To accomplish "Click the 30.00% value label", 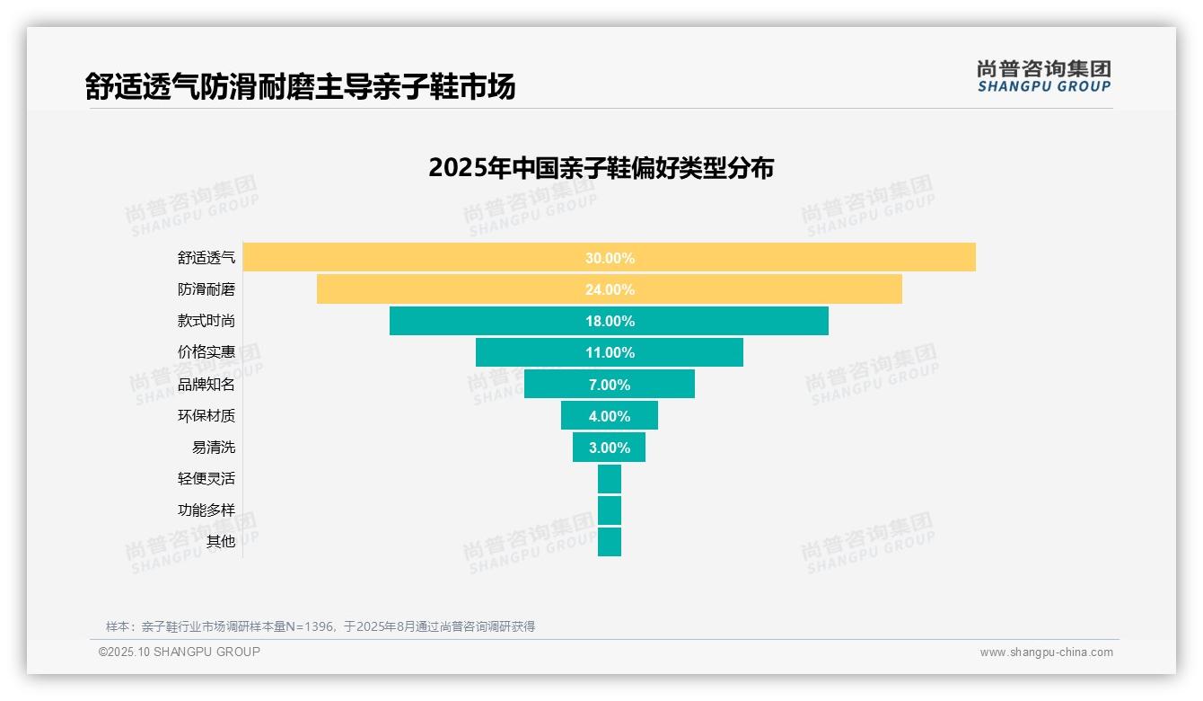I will point(610,258).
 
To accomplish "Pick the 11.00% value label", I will point(610,352).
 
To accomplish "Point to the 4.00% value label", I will point(610,416).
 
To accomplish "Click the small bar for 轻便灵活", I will point(610,479).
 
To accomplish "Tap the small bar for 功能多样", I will point(610,510).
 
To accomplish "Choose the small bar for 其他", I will point(610,542).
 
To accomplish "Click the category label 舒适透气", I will point(206,258).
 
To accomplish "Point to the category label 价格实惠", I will point(206,352).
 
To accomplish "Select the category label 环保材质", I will point(206,416).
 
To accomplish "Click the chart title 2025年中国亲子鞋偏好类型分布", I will point(601,168).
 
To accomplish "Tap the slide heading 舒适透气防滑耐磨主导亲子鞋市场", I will point(300,87).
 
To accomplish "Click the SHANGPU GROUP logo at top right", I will point(1043,76).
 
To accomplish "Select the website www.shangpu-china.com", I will point(1046,652).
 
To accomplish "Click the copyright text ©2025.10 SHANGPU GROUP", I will point(180,652).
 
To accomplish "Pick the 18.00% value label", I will point(610,321).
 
